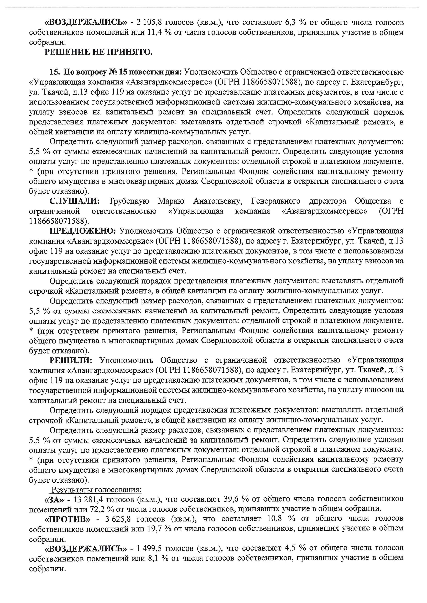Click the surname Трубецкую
click(x=129, y=201)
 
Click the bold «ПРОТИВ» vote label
click(x=67, y=519)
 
